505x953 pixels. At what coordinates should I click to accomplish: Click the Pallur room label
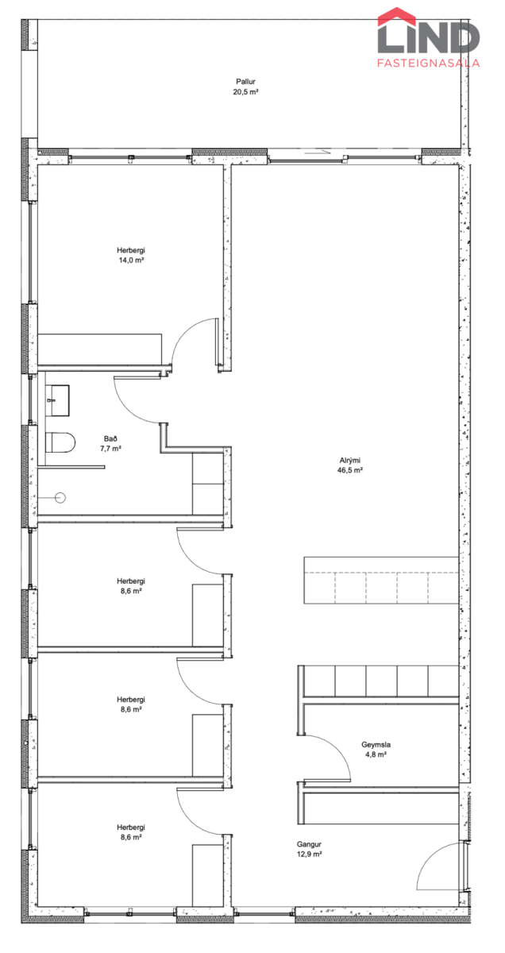point(245,81)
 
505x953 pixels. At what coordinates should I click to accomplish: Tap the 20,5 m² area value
point(245,91)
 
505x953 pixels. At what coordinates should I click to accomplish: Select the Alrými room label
point(349,460)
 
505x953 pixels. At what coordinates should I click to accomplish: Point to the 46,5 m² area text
point(349,470)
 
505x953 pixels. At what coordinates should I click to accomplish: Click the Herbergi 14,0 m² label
point(131,255)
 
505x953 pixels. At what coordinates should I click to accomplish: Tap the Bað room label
point(110,438)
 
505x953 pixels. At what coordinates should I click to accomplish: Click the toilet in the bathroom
point(60,442)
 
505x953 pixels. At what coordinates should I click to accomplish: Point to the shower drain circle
point(60,497)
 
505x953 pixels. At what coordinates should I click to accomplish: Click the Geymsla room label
point(376,744)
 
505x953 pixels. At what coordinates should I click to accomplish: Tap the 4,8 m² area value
point(376,754)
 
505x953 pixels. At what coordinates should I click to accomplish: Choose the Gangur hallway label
point(309,843)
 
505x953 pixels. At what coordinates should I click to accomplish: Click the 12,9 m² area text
point(309,854)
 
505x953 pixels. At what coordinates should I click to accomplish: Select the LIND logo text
point(429,37)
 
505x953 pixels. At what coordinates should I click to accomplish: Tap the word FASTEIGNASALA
point(429,63)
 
